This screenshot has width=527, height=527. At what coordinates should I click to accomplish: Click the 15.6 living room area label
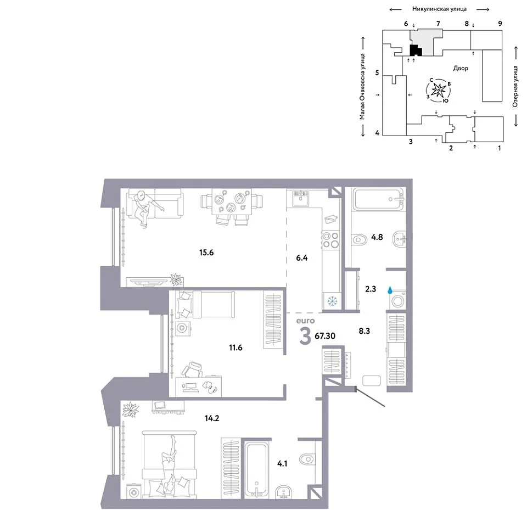[x=206, y=253]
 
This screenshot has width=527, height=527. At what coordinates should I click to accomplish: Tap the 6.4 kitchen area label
[x=302, y=258]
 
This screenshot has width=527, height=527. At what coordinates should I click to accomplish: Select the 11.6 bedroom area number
[x=236, y=347]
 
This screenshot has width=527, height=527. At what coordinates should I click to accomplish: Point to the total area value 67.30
[x=325, y=336]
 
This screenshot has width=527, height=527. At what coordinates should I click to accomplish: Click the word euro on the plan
[x=306, y=321]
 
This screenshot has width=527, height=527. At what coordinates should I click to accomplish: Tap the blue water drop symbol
[x=390, y=290]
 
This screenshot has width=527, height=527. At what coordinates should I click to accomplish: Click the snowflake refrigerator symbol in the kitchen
[x=332, y=301]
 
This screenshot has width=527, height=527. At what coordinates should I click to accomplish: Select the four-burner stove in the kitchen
[x=330, y=240]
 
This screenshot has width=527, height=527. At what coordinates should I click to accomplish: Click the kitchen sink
[x=300, y=199]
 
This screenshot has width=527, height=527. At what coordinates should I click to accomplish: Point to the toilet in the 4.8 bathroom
[x=358, y=240]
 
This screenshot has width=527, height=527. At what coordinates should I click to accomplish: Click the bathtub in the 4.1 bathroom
[x=256, y=470]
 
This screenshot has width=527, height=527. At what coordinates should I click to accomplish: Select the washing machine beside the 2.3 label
[x=397, y=300]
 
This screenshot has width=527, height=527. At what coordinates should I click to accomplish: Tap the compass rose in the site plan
[x=439, y=89]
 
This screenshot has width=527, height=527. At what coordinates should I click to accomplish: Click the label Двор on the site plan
[x=461, y=68]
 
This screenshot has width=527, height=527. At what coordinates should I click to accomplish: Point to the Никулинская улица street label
[x=439, y=9]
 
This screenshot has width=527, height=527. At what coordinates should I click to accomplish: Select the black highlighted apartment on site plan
[x=416, y=51]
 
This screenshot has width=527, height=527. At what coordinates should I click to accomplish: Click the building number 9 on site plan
[x=500, y=24]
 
